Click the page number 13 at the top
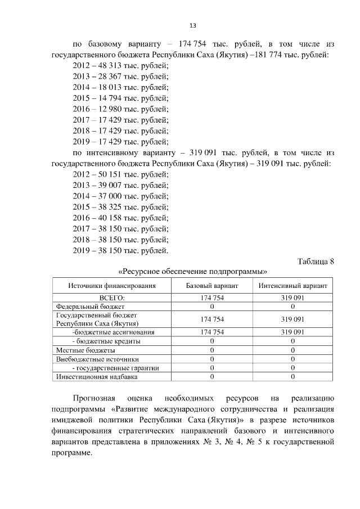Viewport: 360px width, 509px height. [x=192, y=25]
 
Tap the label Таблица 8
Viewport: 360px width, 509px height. [x=315, y=261]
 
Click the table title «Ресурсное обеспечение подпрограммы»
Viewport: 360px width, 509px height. [x=192, y=271]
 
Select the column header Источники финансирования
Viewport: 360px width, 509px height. [x=112, y=286]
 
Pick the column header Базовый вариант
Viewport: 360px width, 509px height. [x=212, y=286]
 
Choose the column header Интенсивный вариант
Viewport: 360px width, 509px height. [x=293, y=286]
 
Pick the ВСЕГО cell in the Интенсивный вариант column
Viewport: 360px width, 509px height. [x=293, y=298]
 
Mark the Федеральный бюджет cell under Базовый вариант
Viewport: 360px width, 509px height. [x=212, y=307]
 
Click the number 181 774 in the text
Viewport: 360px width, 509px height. [x=267, y=55]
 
